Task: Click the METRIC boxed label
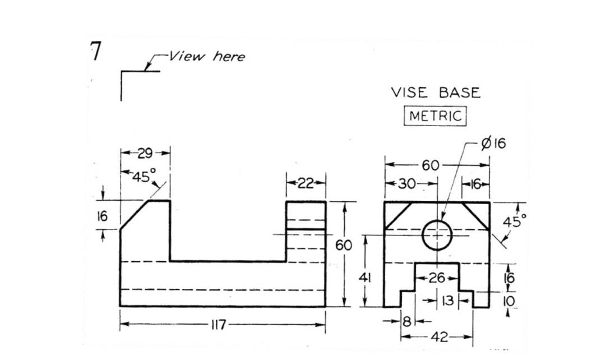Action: click(436, 116)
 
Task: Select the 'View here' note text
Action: click(207, 57)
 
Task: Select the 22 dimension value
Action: click(306, 183)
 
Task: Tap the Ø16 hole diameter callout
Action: click(493, 144)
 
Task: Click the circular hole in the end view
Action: click(437, 234)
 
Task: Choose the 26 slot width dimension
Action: click(437, 278)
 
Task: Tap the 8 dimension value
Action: click(408, 321)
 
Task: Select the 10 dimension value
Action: click(508, 301)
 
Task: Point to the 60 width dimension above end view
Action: click(431, 166)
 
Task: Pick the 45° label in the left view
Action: click(144, 177)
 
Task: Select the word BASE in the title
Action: click(459, 93)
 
